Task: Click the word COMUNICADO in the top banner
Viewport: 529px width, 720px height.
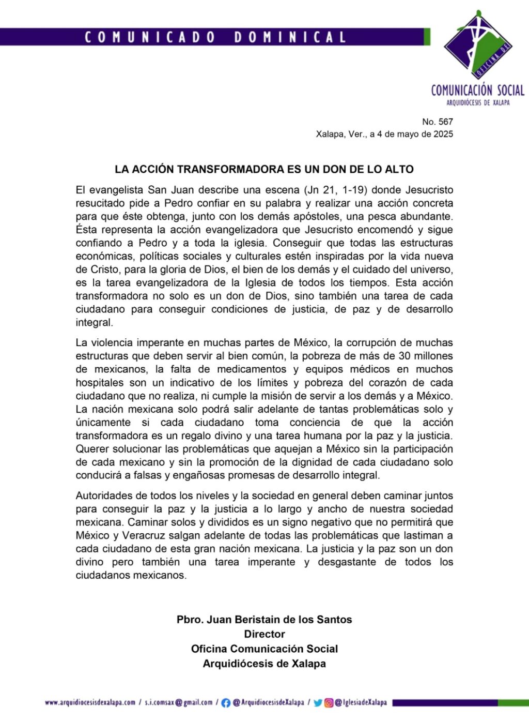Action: (x=150, y=37)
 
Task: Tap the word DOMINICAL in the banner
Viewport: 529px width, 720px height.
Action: (x=290, y=37)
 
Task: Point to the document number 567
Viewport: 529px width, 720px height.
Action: (x=445, y=122)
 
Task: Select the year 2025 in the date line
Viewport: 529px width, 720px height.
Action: (x=443, y=134)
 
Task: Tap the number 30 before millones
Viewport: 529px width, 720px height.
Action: (x=403, y=356)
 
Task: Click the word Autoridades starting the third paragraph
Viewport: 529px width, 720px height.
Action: (x=104, y=496)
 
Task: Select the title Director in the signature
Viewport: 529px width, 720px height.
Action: (x=264, y=634)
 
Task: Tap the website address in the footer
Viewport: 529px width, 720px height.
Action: (x=90, y=702)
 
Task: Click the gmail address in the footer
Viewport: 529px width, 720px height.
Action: (x=179, y=702)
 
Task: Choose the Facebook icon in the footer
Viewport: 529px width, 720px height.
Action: (x=226, y=703)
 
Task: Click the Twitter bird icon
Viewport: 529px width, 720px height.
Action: (x=318, y=703)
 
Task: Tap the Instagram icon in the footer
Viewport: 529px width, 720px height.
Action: (x=329, y=703)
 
